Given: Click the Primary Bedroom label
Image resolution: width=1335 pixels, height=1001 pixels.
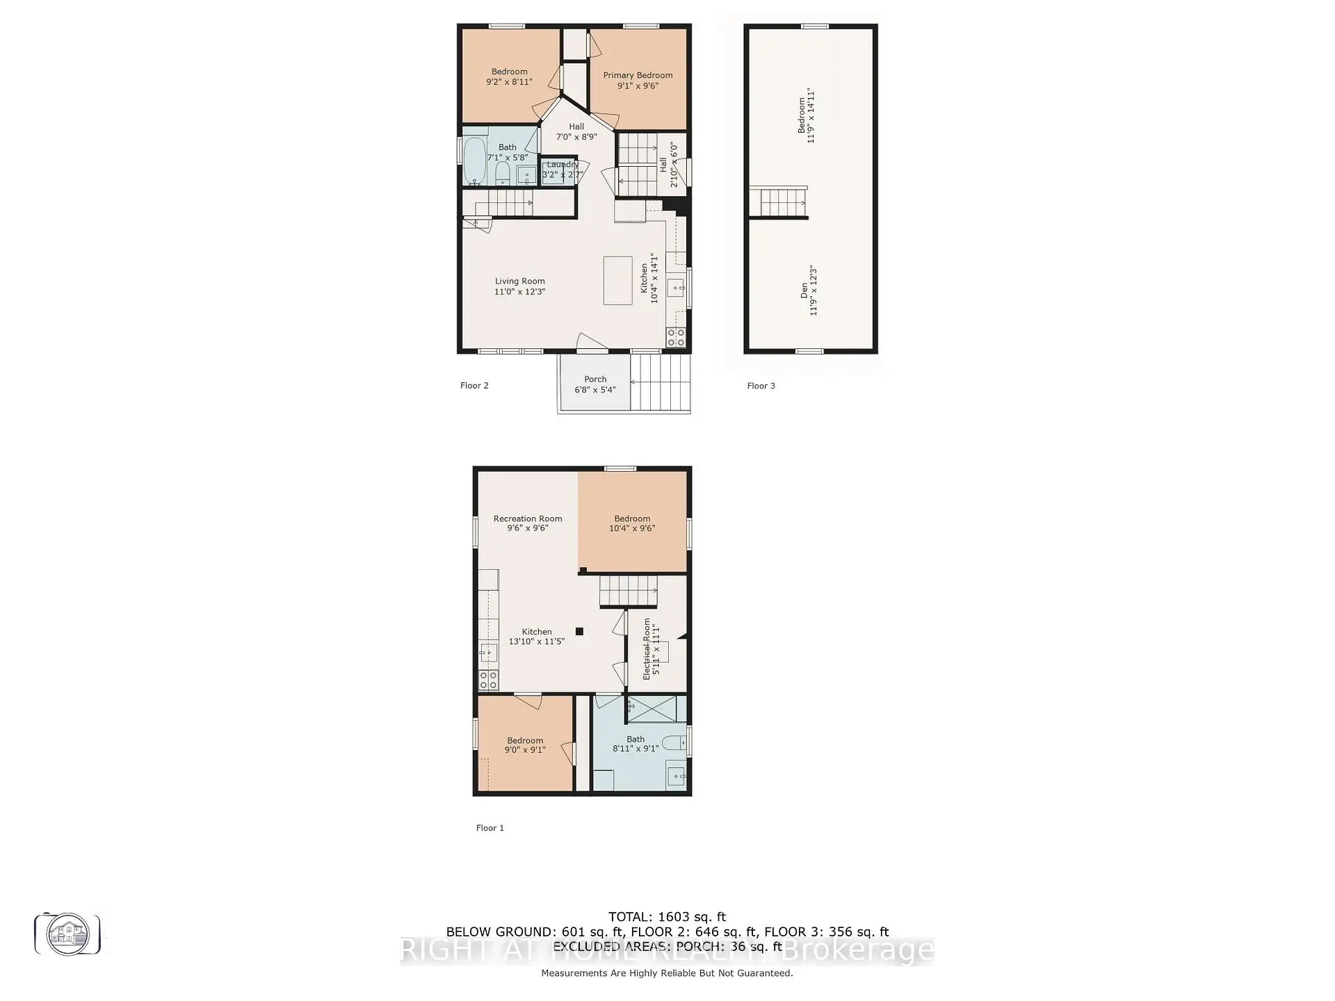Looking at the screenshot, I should [638, 75].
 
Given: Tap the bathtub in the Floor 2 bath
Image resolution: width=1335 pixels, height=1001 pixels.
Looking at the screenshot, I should [474, 159].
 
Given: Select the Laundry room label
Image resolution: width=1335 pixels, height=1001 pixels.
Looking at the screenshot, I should [562, 165].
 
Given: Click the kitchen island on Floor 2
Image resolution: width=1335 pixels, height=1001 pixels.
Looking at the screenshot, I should [617, 280].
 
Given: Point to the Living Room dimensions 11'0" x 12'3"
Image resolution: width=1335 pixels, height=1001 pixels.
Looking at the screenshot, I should [519, 292].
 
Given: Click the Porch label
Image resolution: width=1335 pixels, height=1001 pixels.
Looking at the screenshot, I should [595, 380].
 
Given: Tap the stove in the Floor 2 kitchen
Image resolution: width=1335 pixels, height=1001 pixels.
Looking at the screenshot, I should [676, 338].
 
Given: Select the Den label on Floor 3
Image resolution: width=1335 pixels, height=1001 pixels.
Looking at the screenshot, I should [804, 291].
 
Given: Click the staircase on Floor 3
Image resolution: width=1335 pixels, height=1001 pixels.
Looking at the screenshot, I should [783, 203].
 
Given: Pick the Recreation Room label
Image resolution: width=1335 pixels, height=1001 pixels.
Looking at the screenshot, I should [528, 519].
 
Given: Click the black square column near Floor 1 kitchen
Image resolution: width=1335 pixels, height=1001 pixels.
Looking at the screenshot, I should [579, 631].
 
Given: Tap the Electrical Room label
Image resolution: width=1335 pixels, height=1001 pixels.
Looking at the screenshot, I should [647, 649].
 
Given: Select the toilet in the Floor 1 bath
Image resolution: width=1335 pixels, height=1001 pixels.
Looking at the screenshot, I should [674, 743].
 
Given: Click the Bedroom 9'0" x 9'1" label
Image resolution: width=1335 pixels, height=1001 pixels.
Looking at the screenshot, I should [525, 745].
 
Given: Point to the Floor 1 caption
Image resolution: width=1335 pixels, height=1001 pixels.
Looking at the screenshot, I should [489, 828].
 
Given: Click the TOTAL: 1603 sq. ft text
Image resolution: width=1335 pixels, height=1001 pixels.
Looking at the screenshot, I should [667, 917].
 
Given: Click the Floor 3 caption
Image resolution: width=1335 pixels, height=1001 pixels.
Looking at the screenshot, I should [761, 386].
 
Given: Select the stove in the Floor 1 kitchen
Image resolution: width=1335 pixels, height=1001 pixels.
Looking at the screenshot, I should [488, 680].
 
